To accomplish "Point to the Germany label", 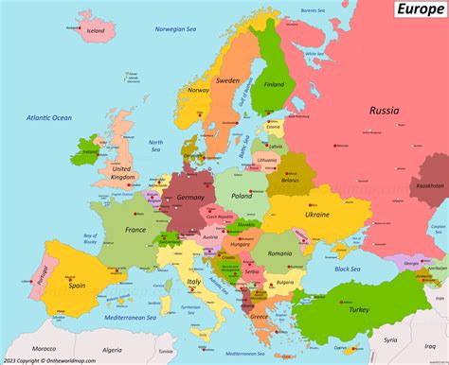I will coord(190,196).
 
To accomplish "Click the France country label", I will coord(135,230).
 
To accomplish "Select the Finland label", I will coord(274,84).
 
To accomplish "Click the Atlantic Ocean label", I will coord(48,118).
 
